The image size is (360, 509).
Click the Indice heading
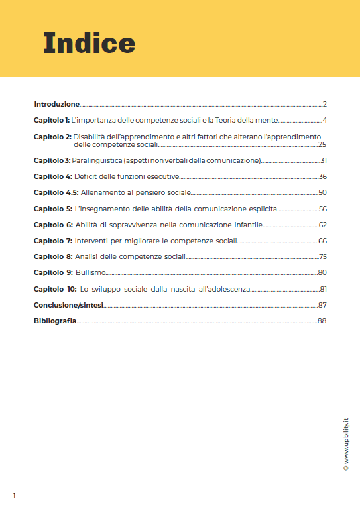(x=90, y=44)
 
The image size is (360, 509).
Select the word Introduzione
(x=57, y=104)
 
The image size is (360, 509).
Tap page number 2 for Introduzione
(x=325, y=104)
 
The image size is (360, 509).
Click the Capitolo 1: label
(x=52, y=121)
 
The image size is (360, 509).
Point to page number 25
(x=322, y=144)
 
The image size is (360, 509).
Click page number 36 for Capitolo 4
(x=323, y=176)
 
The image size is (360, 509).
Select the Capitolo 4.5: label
(x=56, y=192)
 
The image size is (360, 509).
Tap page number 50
(x=323, y=192)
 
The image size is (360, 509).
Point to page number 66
(x=323, y=241)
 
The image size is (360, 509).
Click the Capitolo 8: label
(x=52, y=256)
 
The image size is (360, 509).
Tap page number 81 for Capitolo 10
(x=324, y=289)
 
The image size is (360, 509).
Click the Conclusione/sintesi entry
(x=68, y=305)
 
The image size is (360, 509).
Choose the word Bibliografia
(x=55, y=321)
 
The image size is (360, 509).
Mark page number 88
(x=323, y=321)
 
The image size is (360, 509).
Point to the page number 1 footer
(x=14, y=495)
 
